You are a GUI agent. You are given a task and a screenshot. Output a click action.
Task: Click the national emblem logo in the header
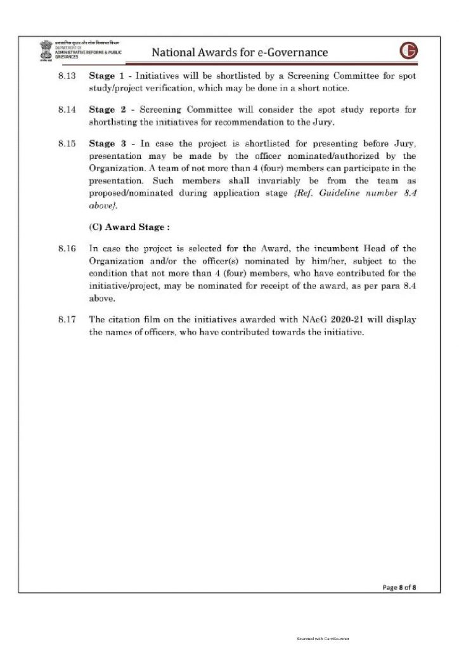coord(44,50)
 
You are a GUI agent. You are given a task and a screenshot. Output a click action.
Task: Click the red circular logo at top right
coord(408,52)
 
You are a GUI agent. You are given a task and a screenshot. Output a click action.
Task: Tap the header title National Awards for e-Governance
coord(240,52)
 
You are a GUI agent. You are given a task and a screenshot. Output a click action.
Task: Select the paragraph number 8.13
coord(66,75)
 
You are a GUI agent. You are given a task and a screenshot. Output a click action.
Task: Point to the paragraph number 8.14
coord(66,110)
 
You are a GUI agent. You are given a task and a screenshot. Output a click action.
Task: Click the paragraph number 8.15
coord(66,144)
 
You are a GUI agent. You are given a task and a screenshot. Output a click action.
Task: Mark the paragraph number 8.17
coord(66,319)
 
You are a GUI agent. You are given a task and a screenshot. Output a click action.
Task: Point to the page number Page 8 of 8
coord(399,587)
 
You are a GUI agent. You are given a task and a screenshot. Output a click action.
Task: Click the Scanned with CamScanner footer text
coord(323,638)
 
